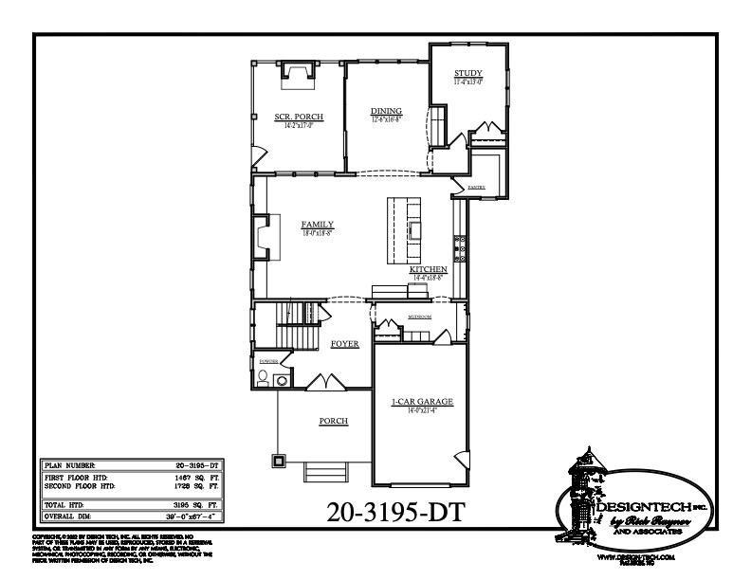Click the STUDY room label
pos(467,73)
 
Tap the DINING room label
pos(386,112)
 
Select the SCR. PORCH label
pos(299,117)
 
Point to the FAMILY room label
pos(318,225)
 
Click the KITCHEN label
pos(428,270)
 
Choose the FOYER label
pos(344,344)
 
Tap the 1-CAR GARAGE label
pos(423,403)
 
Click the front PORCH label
pos(333,421)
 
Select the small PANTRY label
pos(476,188)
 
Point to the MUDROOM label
pos(420,317)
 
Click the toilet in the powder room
pos(263,379)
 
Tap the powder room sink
pos(282,381)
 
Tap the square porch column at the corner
pos(279,462)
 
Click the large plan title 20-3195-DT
pos(395,512)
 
